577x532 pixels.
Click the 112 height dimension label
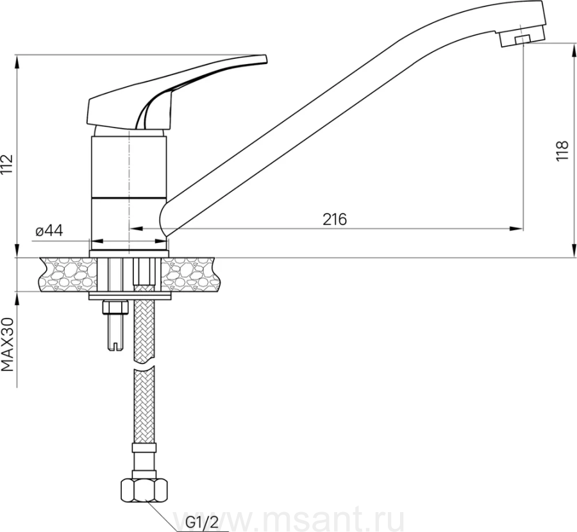tap(8, 163)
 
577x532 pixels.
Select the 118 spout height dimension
tap(562, 151)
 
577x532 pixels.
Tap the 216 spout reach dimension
tap(335, 219)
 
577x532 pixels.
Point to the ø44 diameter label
tap(49, 231)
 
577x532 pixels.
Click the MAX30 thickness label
tap(8, 345)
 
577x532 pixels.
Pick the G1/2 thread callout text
tap(202, 522)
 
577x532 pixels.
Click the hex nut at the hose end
tap(144, 489)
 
